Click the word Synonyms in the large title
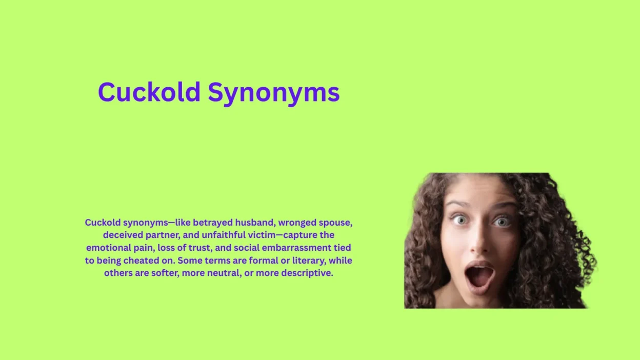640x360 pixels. pyautogui.click(x=273, y=92)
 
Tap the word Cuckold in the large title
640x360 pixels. pyautogui.click(x=149, y=92)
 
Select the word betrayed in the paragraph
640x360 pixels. pyautogui.click(x=213, y=223)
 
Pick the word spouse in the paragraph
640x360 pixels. pyautogui.click(x=336, y=223)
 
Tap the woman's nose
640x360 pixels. pyautogui.click(x=479, y=243)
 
